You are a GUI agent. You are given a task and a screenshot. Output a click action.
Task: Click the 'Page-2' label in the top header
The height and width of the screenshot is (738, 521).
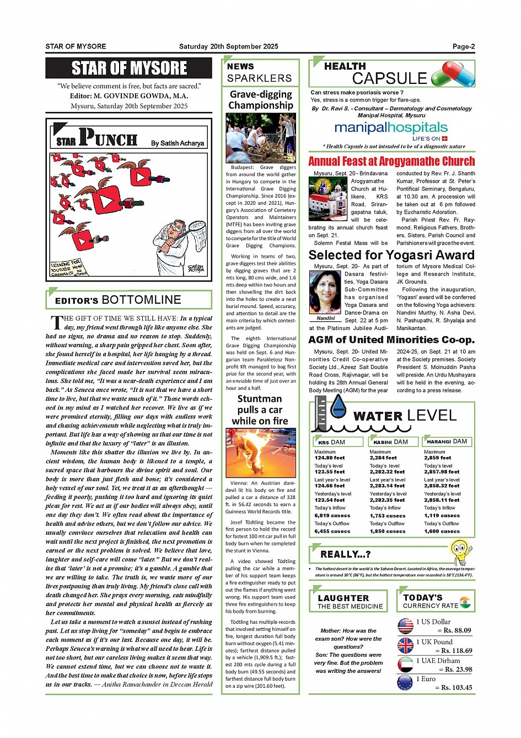[463, 46]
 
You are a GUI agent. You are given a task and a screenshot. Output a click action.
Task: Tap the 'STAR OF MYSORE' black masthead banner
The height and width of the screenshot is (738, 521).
[129, 68]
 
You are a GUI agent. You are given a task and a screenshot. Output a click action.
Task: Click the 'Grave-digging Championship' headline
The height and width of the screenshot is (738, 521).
[261, 99]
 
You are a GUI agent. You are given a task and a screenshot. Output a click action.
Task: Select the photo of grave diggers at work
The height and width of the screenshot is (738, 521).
[261, 137]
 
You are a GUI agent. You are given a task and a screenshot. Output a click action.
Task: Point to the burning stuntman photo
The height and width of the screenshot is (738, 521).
[261, 453]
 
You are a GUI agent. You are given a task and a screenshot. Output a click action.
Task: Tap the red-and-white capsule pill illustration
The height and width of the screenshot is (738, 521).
[453, 74]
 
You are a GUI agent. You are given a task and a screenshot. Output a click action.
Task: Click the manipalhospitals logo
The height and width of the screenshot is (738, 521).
[391, 130]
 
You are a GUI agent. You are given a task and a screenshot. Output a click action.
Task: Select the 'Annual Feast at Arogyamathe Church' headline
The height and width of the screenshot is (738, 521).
[391, 161]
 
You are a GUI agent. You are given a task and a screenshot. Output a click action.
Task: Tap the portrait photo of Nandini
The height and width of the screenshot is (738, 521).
[326, 292]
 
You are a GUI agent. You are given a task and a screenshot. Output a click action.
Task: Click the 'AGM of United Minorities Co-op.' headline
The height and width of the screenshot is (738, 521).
[391, 339]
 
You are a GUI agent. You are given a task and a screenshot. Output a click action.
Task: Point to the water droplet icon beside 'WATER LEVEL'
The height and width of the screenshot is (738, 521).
[337, 407]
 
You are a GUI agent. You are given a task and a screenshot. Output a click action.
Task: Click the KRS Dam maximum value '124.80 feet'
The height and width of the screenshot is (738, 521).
[330, 458]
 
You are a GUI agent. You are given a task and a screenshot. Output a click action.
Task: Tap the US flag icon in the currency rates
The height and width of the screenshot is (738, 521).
[405, 626]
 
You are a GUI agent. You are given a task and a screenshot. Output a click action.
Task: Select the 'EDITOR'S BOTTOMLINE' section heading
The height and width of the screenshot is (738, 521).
[118, 300]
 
